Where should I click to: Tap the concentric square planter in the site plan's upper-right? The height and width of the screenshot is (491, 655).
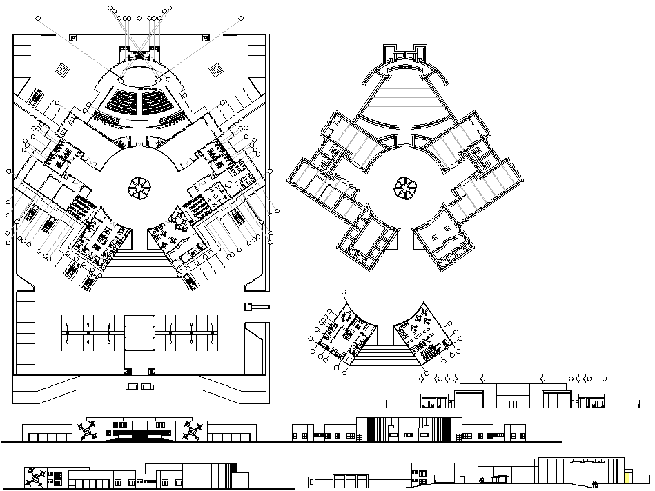point(216,69)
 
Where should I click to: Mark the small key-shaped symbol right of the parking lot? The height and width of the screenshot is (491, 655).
point(254,306)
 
